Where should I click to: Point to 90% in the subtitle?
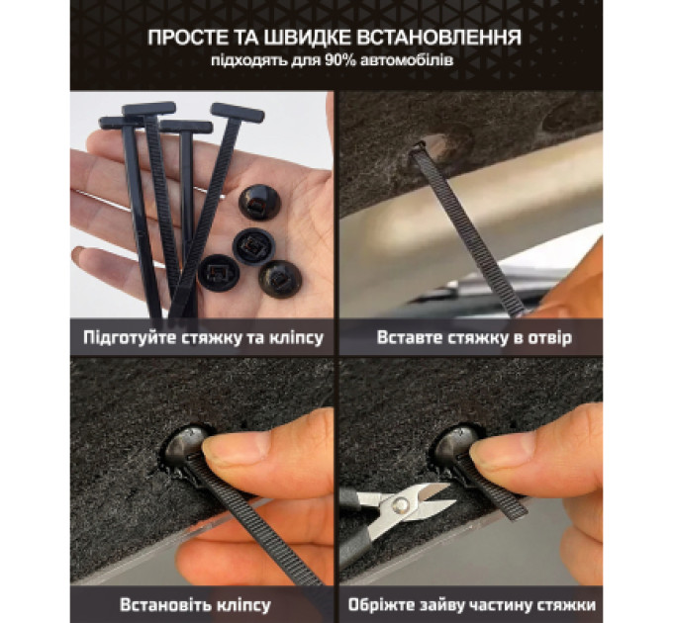tap(340, 61)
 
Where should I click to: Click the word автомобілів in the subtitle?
tap(407, 61)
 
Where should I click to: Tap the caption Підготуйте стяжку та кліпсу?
tap(203, 338)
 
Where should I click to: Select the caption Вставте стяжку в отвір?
tap(474, 338)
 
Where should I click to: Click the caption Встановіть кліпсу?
tap(195, 605)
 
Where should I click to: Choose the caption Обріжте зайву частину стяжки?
tap(472, 605)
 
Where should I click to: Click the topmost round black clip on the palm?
tap(259, 202)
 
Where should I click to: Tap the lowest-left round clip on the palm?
tap(218, 274)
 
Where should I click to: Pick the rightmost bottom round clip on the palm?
tap(280, 279)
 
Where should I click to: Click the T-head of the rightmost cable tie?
tap(238, 112)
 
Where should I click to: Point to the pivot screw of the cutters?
tap(401, 504)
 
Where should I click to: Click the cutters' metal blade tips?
tap(446, 493)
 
